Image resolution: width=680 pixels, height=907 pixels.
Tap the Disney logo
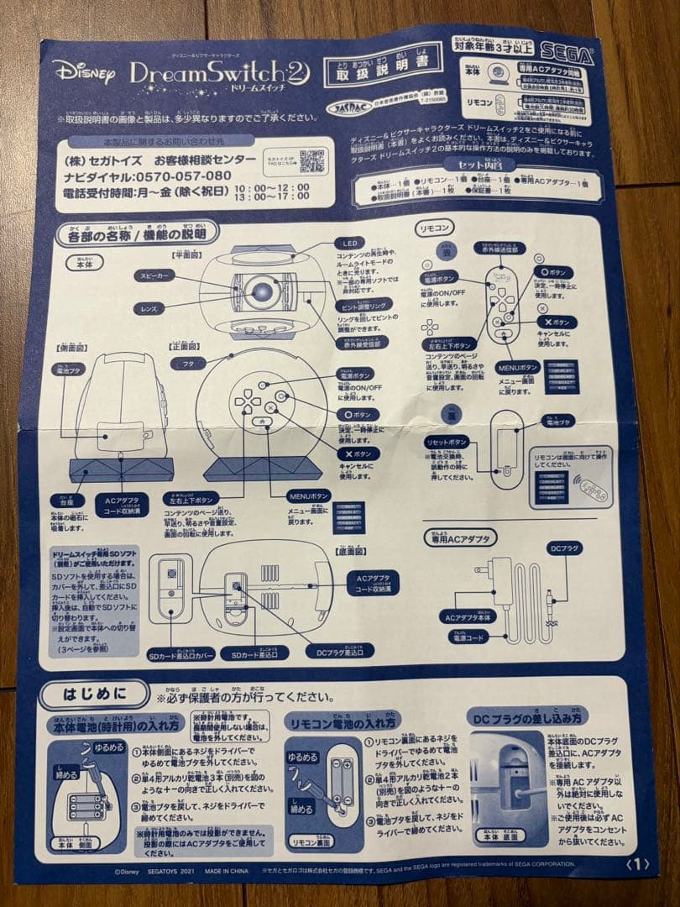[x=85, y=72]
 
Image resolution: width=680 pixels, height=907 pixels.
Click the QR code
[x=311, y=160]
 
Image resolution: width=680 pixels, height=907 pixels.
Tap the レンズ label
[x=153, y=308]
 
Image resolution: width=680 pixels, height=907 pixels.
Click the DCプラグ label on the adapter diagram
[x=561, y=548]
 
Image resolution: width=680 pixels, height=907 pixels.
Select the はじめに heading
[x=96, y=694]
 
